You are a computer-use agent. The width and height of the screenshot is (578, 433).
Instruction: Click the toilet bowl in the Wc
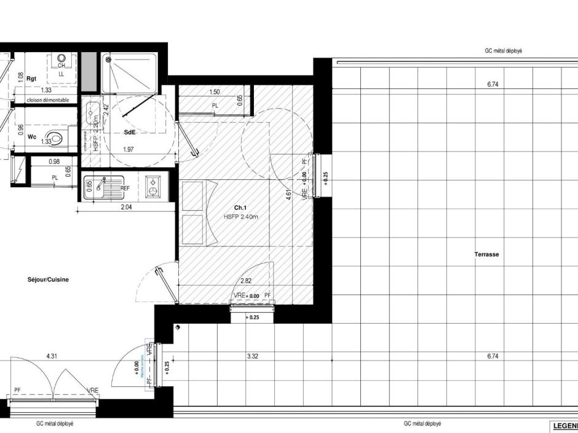57,138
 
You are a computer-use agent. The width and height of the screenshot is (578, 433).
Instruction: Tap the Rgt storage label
33,78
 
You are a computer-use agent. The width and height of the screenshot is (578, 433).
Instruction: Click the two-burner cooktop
152,187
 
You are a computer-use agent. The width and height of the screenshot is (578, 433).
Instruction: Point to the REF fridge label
125,189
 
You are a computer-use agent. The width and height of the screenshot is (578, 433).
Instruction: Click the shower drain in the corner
109,60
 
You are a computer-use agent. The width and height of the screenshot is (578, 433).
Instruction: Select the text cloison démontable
47,99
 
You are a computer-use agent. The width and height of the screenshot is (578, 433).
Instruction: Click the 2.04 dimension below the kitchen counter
125,208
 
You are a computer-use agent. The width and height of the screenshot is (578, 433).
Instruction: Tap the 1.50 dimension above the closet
215,92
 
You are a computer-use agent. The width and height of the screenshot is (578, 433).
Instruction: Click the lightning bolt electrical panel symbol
21,166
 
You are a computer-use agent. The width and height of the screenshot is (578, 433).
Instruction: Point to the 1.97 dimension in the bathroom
128,149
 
